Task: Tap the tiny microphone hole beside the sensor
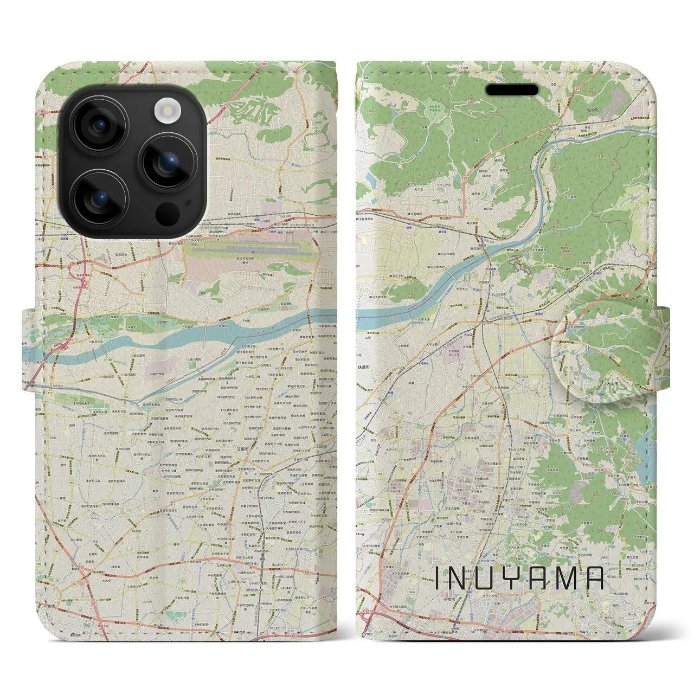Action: coord(188,204)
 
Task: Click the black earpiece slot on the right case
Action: coord(511,89)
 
